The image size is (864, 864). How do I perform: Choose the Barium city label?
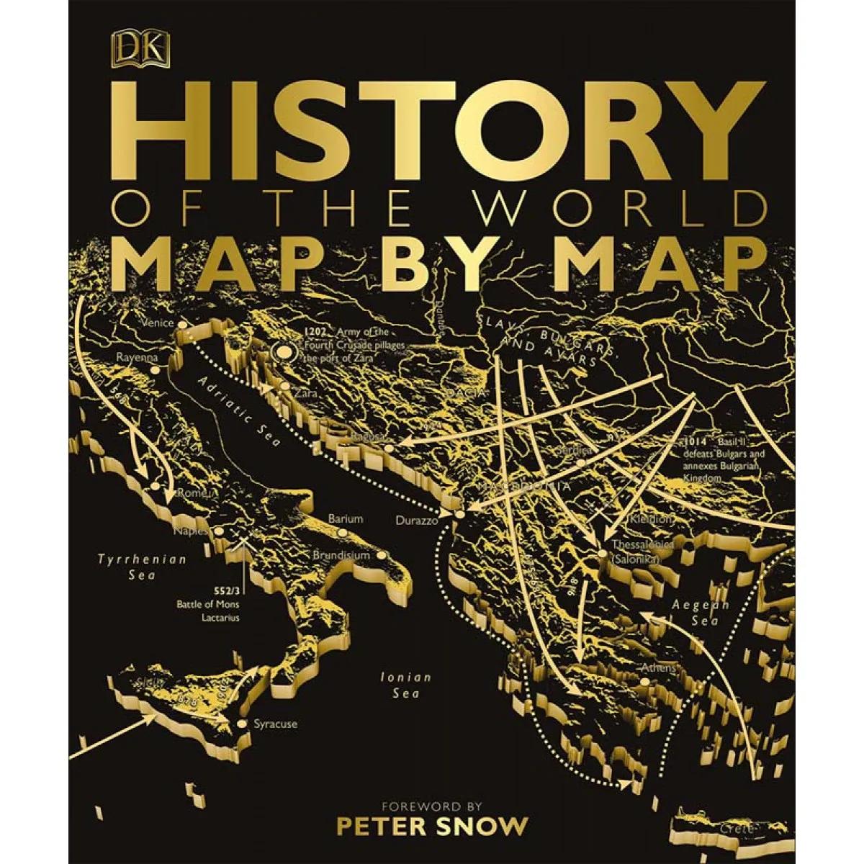345,518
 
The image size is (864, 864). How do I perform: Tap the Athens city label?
659,668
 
